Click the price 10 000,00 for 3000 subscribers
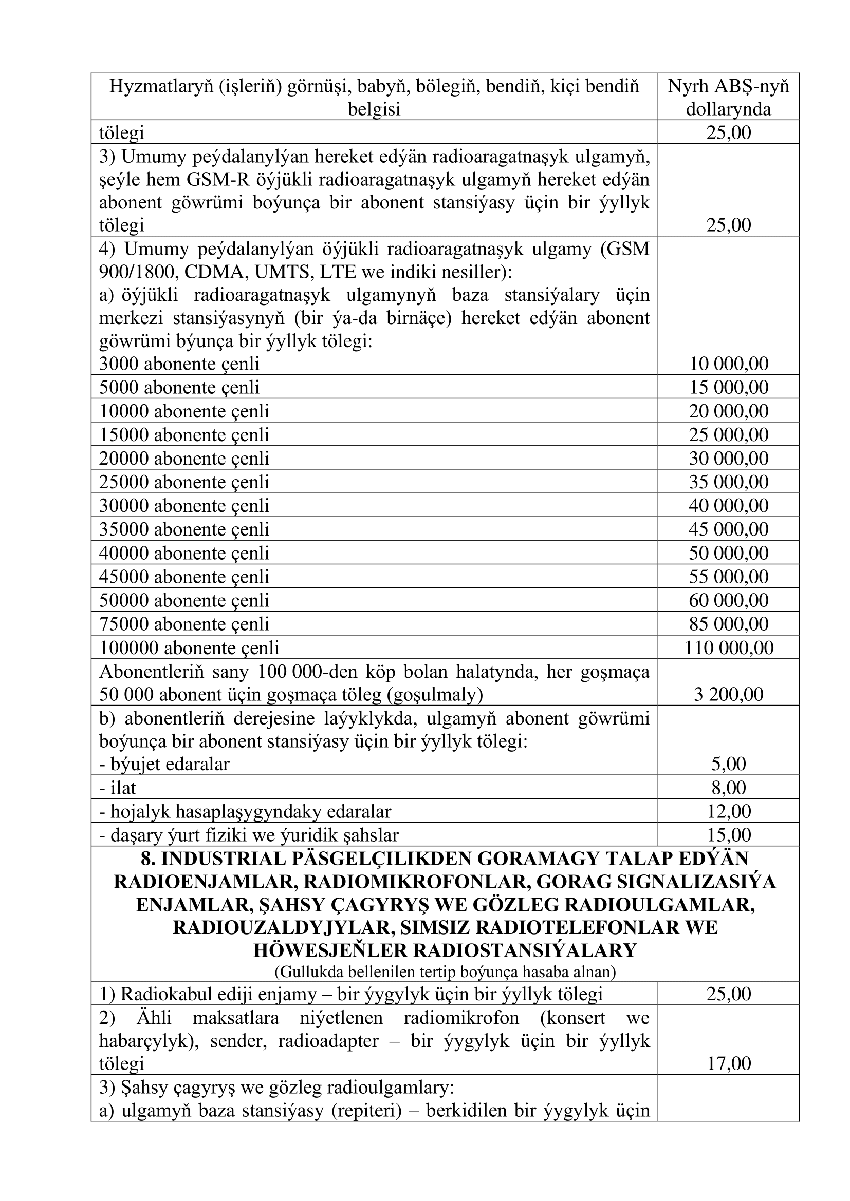coord(729,364)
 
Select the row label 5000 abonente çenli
coord(179,387)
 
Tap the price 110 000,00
coord(729,647)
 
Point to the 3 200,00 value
coord(729,694)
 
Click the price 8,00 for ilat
coord(729,787)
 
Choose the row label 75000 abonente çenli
coord(184,623)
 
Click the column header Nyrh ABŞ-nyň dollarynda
coord(729,97)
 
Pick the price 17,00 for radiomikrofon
coord(729,1063)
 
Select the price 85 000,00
coord(729,623)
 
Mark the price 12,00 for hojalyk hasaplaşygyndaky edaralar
coord(729,811)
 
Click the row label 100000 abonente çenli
coord(190,647)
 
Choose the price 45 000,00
coord(729,529)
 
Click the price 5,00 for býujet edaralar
coord(729,764)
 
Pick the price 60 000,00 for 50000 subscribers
coord(729,600)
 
